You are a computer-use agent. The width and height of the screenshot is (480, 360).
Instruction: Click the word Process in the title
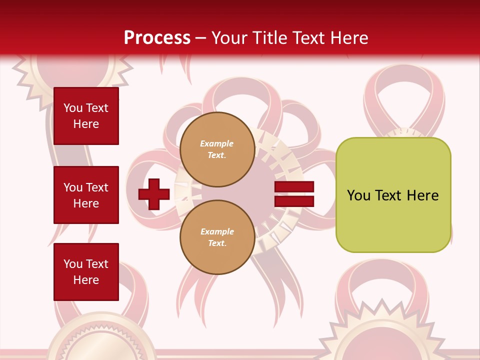pyautogui.click(x=157, y=38)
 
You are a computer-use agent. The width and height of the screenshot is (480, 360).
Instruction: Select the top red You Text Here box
pyautogui.click(x=86, y=116)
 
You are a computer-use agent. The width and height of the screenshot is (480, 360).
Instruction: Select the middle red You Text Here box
pyautogui.click(x=86, y=195)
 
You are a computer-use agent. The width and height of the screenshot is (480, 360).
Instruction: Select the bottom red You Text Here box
pyautogui.click(x=86, y=272)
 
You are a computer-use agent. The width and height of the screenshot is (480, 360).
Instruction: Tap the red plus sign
pyautogui.click(x=154, y=194)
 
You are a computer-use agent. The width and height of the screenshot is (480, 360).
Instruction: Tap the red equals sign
pyautogui.click(x=294, y=194)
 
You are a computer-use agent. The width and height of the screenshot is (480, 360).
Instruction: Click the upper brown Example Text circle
pyautogui.click(x=217, y=149)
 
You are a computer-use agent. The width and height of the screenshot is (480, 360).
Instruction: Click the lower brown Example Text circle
pyautogui.click(x=217, y=237)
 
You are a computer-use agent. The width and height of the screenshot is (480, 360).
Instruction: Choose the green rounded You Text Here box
pyautogui.click(x=393, y=195)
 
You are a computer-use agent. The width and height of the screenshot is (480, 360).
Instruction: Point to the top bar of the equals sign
pyautogui.click(x=294, y=187)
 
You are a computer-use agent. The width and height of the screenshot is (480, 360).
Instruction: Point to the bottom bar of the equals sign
pyautogui.click(x=294, y=201)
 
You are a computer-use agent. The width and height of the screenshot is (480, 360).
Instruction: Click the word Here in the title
pyautogui.click(x=350, y=38)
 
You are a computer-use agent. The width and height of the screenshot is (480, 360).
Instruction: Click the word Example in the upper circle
pyautogui.click(x=217, y=143)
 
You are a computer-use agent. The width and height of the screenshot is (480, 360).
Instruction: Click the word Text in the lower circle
pyautogui.click(x=217, y=243)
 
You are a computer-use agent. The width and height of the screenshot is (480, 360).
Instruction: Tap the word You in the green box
pyautogui.click(x=358, y=195)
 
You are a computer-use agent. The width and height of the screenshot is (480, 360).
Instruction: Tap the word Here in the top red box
pyautogui.click(x=86, y=124)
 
